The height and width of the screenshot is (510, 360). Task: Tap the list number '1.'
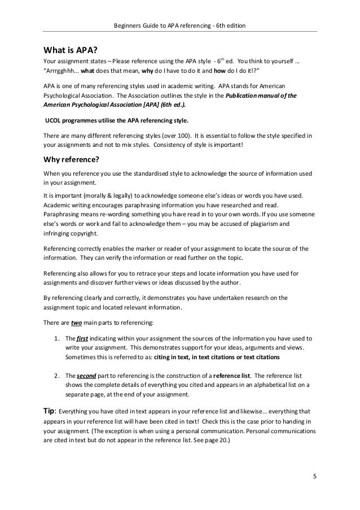[55, 339]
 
